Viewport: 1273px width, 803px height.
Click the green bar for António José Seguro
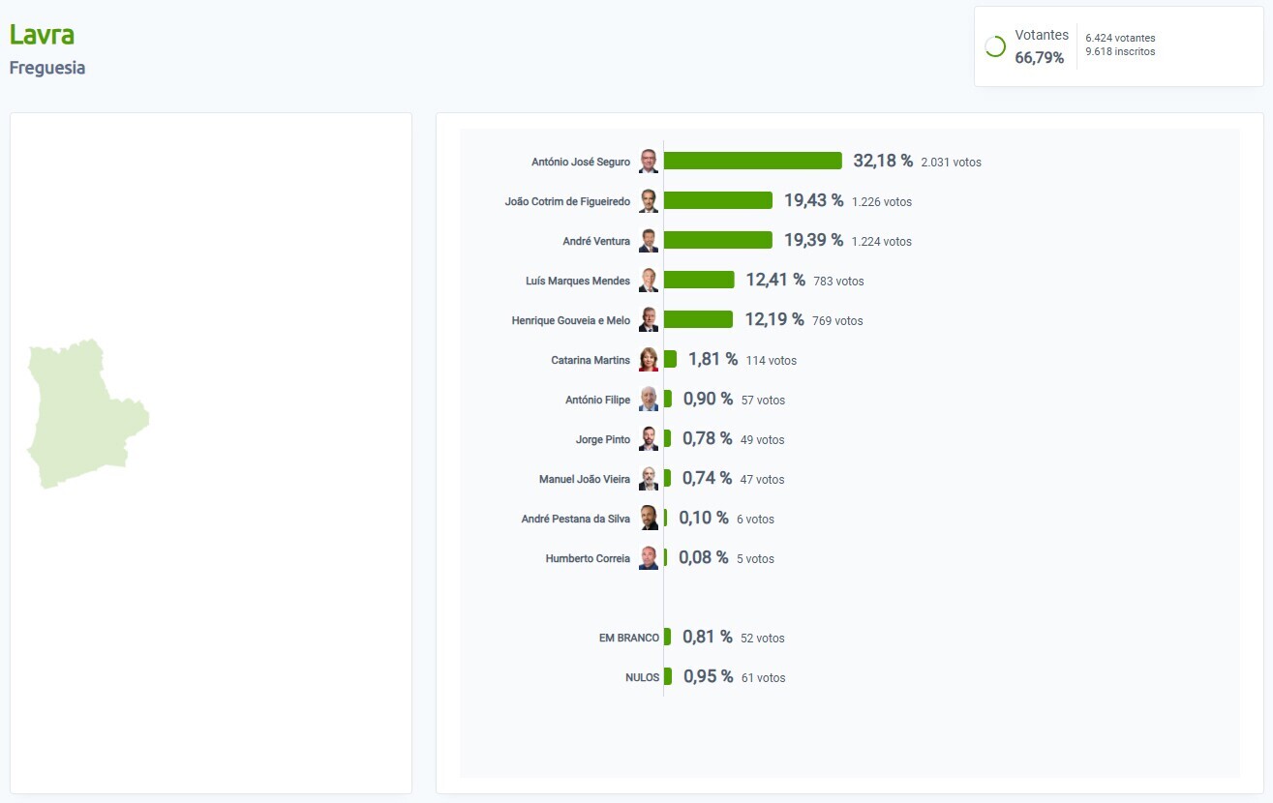pyautogui.click(x=752, y=161)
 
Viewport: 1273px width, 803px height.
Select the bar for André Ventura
pyautogui.click(x=717, y=240)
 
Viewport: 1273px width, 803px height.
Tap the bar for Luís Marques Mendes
pyautogui.click(x=699, y=280)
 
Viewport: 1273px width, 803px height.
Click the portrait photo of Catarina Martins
pyautogui.click(x=649, y=360)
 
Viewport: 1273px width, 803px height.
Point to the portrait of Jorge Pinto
pyautogui.click(x=649, y=439)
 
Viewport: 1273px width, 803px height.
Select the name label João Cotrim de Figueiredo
pyautogui.click(x=567, y=201)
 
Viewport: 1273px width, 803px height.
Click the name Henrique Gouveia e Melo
pyautogui.click(x=570, y=320)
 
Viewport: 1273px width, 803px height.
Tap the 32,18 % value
pyautogui.click(x=882, y=161)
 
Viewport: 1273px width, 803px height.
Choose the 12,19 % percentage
pyautogui.click(x=773, y=319)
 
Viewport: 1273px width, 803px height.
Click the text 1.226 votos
pyautogui.click(x=881, y=202)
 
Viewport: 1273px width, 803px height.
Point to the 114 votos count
pyautogui.click(x=771, y=361)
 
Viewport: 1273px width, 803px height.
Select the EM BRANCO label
pyautogui.click(x=628, y=639)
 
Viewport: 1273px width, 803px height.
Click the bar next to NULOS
pyautogui.click(x=668, y=676)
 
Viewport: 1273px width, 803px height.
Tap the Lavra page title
pyautogui.click(x=42, y=35)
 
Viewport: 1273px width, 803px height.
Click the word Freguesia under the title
pyautogui.click(x=47, y=68)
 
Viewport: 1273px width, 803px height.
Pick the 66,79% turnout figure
pyautogui.click(x=1039, y=58)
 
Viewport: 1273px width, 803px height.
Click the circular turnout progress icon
pyautogui.click(x=994, y=46)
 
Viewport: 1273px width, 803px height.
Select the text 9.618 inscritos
pyautogui.click(x=1120, y=51)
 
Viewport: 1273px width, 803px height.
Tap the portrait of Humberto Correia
pyautogui.click(x=649, y=558)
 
